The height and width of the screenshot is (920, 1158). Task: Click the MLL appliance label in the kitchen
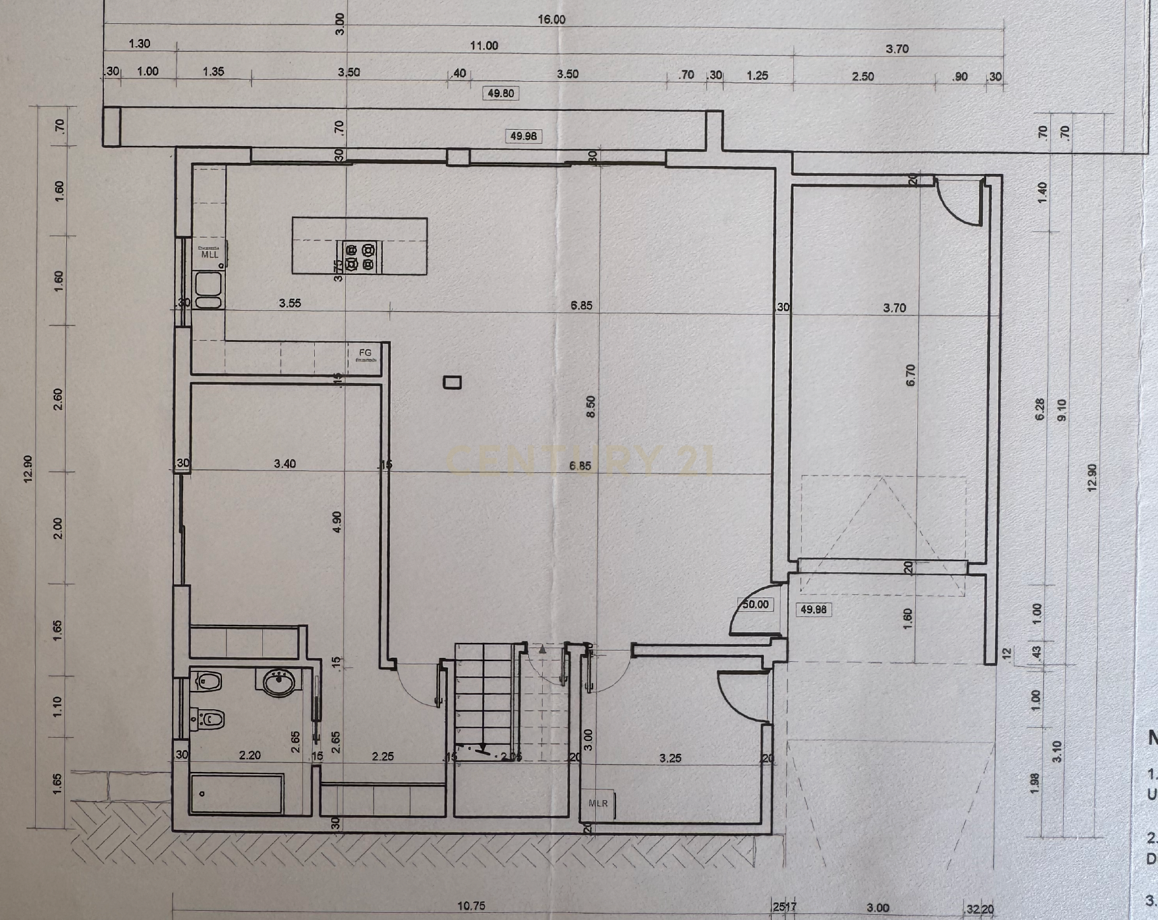[x=210, y=255]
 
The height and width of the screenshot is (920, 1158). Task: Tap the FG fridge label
[x=365, y=353]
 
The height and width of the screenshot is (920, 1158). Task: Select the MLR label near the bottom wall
[x=598, y=803]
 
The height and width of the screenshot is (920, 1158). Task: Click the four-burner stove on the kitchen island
[x=360, y=256]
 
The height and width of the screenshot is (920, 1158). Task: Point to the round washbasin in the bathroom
[x=280, y=683]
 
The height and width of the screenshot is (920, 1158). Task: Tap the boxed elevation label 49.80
[x=500, y=93]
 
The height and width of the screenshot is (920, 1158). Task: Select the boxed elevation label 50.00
[x=755, y=605]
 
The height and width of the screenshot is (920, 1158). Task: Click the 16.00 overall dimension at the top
[x=551, y=19]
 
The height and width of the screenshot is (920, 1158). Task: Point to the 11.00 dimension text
[x=484, y=46]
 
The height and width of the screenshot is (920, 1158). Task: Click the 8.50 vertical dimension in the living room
[x=590, y=407]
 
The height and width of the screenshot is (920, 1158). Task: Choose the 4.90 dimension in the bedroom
[x=336, y=523]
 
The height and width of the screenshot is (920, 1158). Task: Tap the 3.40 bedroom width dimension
[x=285, y=464]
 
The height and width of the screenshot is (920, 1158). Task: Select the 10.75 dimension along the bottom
[x=471, y=906]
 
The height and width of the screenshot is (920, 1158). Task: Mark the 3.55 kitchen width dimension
[x=289, y=303]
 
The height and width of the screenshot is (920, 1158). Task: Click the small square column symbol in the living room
[x=452, y=382]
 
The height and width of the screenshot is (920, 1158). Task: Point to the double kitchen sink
[x=208, y=290]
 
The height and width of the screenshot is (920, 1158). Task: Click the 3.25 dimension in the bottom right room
[x=670, y=758]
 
